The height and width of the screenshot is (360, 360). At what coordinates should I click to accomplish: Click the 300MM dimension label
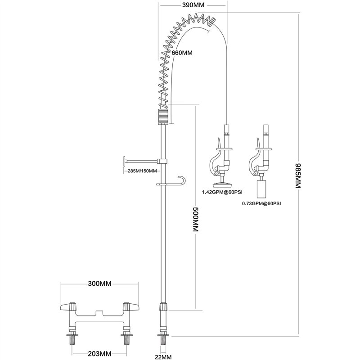tap(99, 284)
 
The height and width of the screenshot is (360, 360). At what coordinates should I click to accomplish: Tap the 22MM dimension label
tap(164, 356)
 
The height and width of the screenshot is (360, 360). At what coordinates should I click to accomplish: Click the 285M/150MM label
tap(142, 171)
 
